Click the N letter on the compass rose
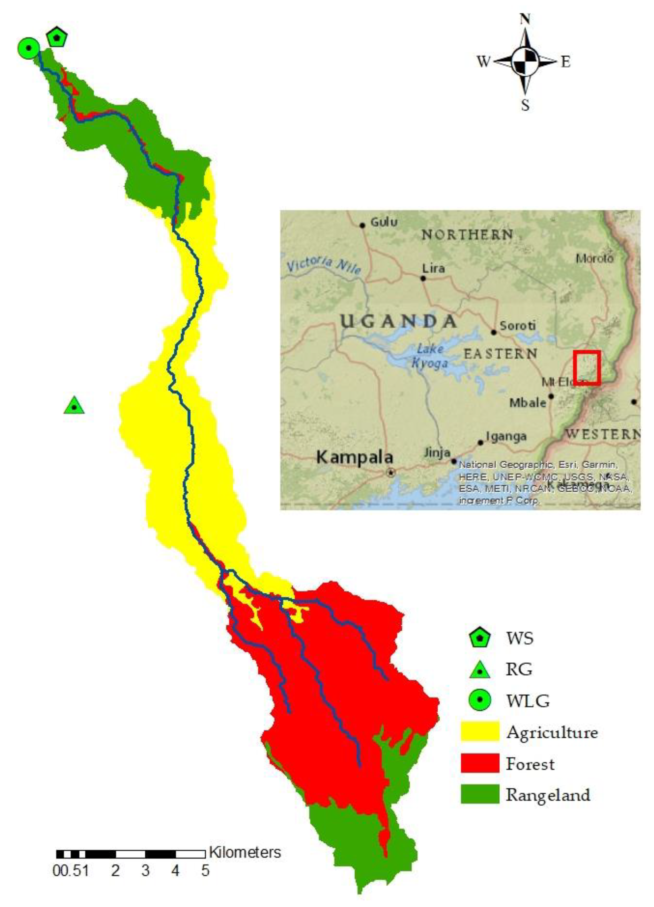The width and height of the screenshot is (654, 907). tap(525, 19)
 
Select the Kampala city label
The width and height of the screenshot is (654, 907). tap(355, 457)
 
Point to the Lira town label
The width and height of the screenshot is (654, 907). tap(433, 268)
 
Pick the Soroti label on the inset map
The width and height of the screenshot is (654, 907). tap(518, 326)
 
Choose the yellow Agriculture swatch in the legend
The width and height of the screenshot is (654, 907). tap(480, 731)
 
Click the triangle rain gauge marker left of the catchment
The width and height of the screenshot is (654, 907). tap(74, 406)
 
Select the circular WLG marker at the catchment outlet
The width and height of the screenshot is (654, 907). tap(28, 48)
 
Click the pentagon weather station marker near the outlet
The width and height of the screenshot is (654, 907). tap(57, 37)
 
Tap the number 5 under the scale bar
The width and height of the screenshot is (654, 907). tap(205, 871)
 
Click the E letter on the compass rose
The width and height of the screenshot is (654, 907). tap(565, 62)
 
